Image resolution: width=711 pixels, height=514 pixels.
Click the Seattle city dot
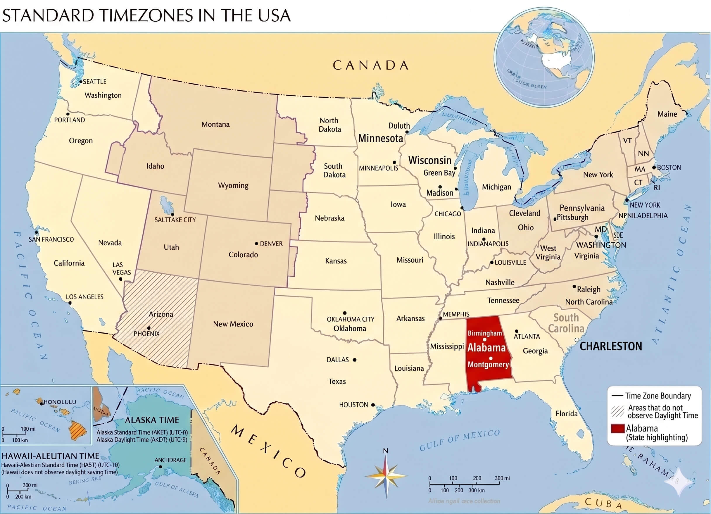click(x=81, y=82)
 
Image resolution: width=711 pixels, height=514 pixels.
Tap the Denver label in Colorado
click(x=271, y=244)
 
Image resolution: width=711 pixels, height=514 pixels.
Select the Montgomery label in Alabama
click(x=488, y=365)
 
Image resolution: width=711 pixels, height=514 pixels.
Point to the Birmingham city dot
click(x=485, y=340)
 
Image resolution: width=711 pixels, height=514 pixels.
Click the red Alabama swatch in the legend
click(x=617, y=429)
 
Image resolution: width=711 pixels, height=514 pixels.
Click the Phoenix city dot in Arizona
click(x=149, y=328)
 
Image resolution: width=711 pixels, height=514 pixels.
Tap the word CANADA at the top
click(x=370, y=65)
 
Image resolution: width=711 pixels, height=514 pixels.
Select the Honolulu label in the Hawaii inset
click(x=60, y=402)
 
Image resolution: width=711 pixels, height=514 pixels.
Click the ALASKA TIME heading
click(x=152, y=420)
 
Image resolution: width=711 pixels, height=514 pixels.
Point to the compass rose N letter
click(x=386, y=451)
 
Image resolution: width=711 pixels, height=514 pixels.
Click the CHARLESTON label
click(x=611, y=346)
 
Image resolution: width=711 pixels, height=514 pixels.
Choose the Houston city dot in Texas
click(x=373, y=405)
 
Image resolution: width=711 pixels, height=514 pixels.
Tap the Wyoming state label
click(x=233, y=185)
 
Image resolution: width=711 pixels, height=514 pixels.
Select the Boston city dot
click(x=654, y=168)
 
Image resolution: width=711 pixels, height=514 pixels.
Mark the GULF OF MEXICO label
click(x=460, y=440)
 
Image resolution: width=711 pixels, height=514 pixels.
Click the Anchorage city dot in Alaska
click(x=161, y=467)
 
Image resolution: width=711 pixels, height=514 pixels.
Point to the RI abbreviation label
click(x=657, y=188)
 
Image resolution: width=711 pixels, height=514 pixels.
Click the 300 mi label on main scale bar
click(x=502, y=478)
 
